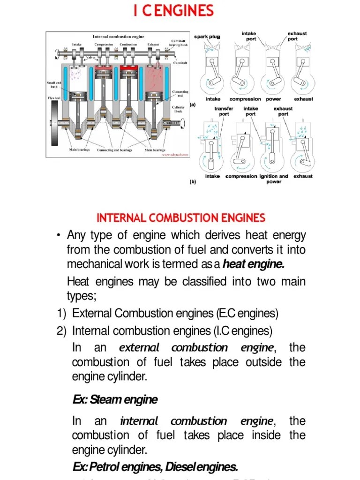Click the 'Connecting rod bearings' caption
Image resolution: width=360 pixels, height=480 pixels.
pyautogui.click(x=114, y=150)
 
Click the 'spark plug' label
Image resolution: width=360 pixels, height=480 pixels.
pyautogui.click(x=207, y=37)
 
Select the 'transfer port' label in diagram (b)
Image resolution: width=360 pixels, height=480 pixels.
pyautogui.click(x=224, y=111)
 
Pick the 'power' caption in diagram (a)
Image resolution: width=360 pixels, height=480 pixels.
pyautogui.click(x=273, y=99)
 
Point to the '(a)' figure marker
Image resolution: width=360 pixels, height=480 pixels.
pyautogui.click(x=192, y=105)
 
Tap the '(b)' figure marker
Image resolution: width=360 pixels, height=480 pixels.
pyautogui.click(x=192, y=183)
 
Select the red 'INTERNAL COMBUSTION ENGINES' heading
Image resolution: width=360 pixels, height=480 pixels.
pyautogui.click(x=180, y=218)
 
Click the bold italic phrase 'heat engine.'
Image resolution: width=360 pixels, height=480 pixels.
pyautogui.click(x=254, y=264)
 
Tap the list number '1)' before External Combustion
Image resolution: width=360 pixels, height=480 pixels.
pyautogui.click(x=61, y=313)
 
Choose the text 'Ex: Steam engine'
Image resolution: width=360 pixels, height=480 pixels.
pyautogui.click(x=115, y=400)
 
